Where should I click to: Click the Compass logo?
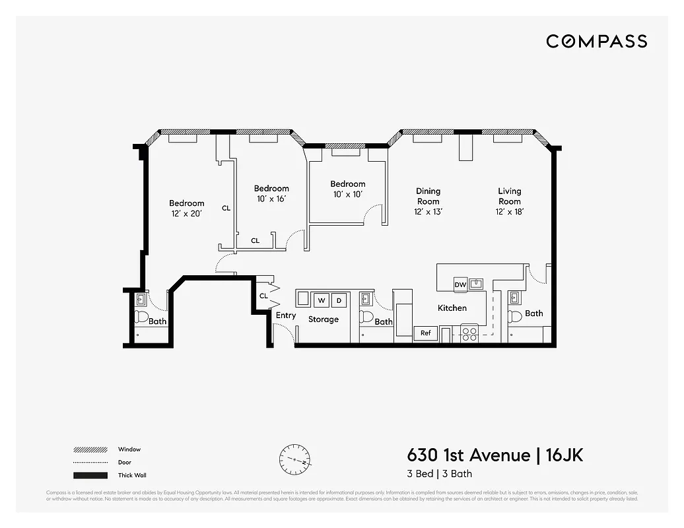596,42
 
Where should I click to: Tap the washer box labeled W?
322,300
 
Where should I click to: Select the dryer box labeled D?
339,300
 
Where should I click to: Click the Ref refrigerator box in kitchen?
426,333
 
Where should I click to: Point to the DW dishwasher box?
461,284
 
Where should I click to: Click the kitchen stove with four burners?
469,334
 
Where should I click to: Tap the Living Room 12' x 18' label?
509,201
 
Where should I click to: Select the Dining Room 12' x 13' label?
428,201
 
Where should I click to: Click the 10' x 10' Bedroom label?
347,189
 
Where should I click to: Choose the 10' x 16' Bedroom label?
271,193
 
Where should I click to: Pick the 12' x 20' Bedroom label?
186,208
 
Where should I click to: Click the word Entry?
285,315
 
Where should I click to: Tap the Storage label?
324,319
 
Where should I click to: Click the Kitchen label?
452,308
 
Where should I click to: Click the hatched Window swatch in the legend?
90,449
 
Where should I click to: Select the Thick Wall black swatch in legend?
90,475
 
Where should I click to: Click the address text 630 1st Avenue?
468,455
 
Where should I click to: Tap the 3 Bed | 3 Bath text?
439,473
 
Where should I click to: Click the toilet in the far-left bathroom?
141,317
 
